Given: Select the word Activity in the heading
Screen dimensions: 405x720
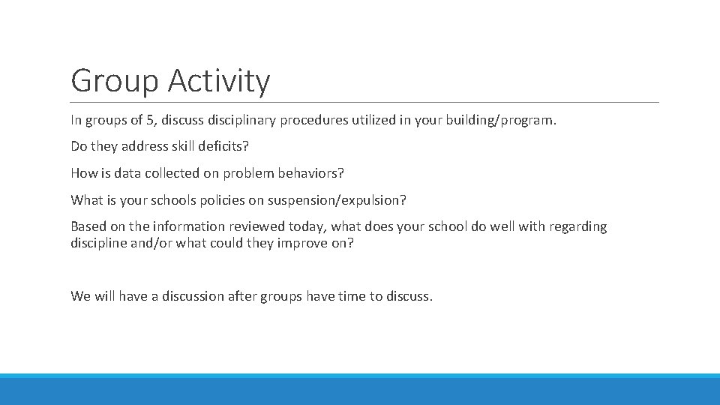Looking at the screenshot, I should pyautogui.click(x=218, y=81).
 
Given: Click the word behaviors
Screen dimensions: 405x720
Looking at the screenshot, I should pyautogui.click(x=310, y=173).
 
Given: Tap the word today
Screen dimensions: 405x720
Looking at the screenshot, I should pyautogui.click(x=307, y=226).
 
